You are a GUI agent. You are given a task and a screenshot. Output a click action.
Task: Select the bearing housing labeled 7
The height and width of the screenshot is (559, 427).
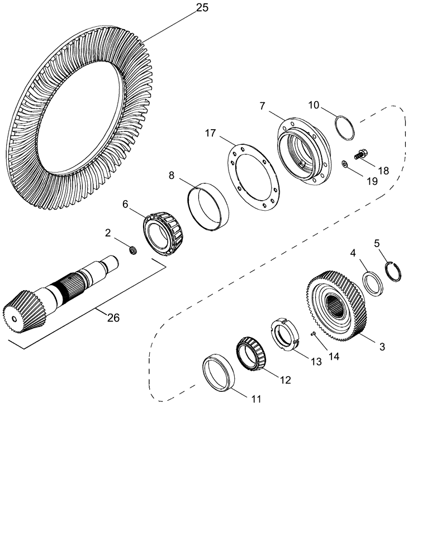point(303,151)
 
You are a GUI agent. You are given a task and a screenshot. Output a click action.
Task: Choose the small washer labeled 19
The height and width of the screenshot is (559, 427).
point(345,164)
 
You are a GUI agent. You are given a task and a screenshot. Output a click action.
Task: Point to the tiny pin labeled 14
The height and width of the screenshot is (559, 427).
point(314,334)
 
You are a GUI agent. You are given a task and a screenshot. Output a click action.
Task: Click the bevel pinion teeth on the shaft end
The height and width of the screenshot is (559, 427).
point(19,313)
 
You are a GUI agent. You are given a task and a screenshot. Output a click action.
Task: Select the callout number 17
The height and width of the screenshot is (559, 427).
point(210,133)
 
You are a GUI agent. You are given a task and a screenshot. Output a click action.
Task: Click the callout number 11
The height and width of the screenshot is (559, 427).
point(255,399)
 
